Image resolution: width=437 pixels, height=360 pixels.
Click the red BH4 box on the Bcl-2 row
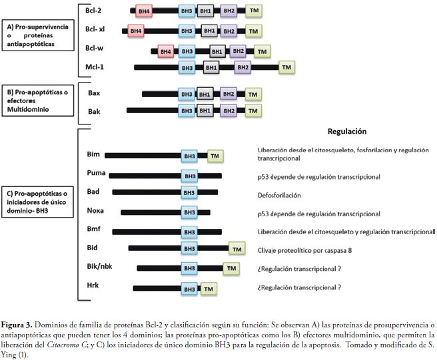click(143, 11)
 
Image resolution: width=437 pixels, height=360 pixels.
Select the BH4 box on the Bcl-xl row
click(136, 31)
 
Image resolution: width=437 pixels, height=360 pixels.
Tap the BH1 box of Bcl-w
click(217, 51)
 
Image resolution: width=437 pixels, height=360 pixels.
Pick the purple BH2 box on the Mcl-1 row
click(242, 67)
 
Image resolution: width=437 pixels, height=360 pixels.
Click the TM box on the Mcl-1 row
click(287, 67)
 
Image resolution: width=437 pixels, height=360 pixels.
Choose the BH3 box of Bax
click(187, 94)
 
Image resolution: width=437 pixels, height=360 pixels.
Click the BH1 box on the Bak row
click(205, 110)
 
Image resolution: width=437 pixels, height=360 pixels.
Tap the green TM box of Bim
click(215, 156)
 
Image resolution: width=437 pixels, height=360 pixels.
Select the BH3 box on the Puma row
click(189, 176)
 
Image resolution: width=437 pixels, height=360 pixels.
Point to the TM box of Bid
click(236, 248)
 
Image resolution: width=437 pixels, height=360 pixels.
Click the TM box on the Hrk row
click(209, 289)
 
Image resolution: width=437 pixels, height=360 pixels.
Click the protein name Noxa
click(95, 212)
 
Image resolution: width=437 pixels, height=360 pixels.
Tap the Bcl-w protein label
click(95, 48)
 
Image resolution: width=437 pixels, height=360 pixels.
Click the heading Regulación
click(346, 131)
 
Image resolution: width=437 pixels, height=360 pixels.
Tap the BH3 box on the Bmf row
click(189, 231)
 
